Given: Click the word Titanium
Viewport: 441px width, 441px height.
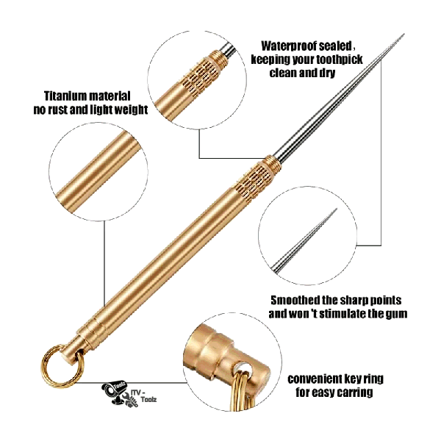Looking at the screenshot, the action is pos(66,96).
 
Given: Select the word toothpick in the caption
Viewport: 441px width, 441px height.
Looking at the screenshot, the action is pos(339,60).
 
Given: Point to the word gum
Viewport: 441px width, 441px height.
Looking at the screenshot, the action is pos(397,314).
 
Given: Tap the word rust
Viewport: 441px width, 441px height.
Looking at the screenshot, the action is pos(57,110).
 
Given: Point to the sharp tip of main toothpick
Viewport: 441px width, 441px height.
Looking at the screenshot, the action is pos(404,34).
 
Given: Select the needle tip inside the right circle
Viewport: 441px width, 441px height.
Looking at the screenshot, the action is pos(336,209).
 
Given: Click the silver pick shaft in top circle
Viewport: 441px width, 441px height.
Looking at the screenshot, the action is pos(227,50).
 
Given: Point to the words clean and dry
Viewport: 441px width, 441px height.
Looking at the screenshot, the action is pos(302,73).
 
